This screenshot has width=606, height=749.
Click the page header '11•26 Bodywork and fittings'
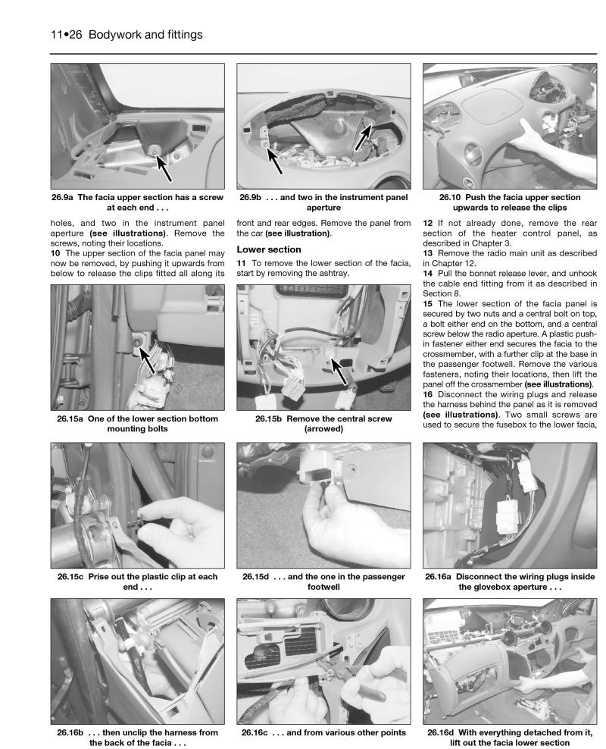tap(126, 35)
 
